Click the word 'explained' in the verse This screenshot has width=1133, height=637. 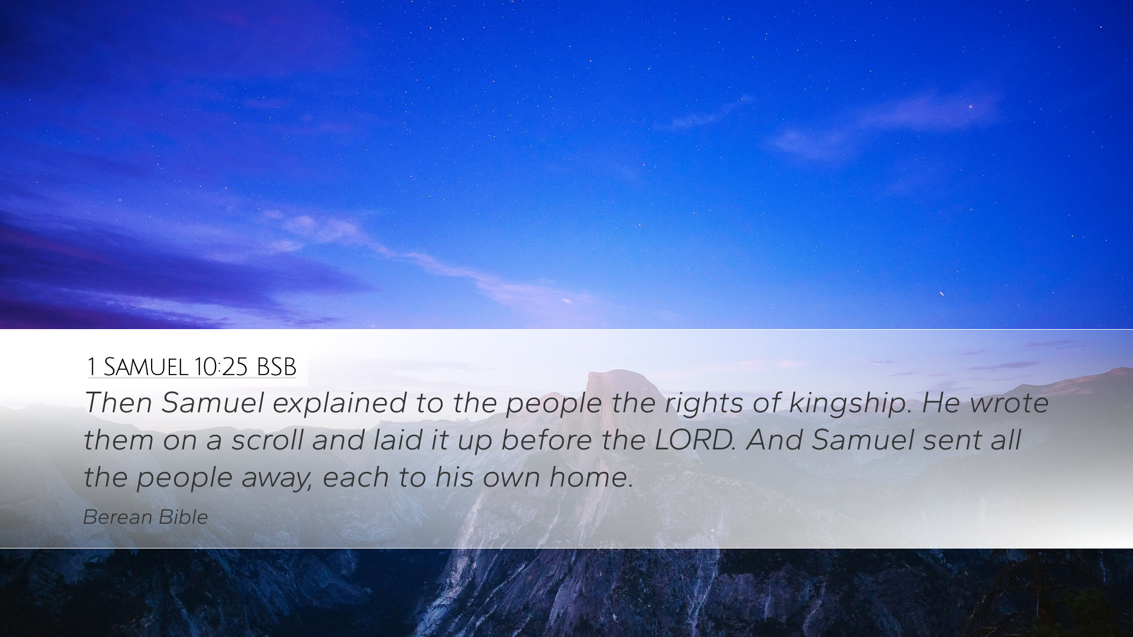339,404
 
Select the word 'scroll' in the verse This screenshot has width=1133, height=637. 268,441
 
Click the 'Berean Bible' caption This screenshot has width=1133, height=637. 146,517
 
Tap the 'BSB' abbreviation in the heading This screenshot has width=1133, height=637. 276,367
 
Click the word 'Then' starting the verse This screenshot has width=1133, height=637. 118,404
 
